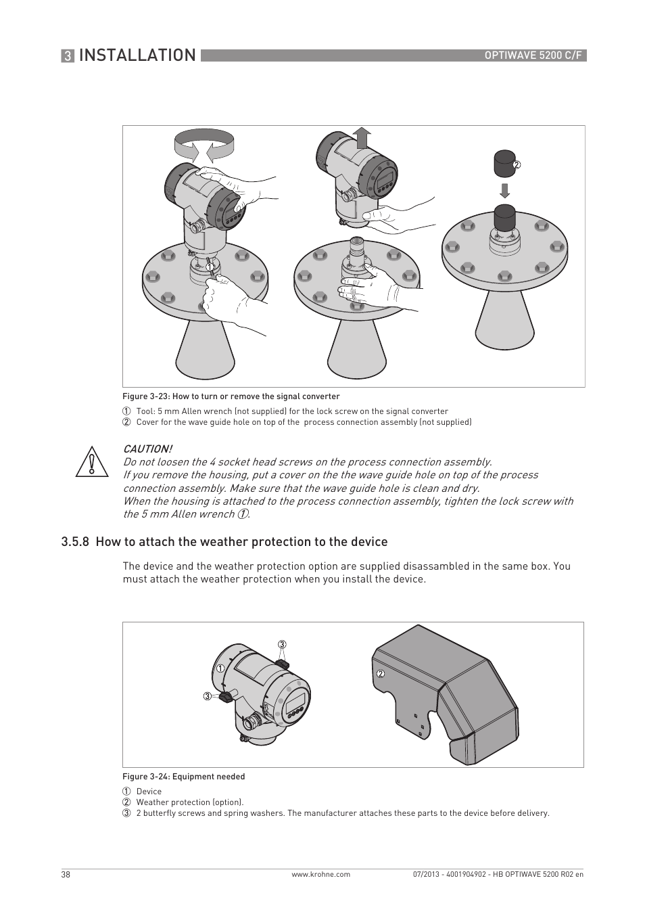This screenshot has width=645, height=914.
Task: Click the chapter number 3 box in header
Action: point(68,56)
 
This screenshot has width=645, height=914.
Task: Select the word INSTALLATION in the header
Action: point(137,55)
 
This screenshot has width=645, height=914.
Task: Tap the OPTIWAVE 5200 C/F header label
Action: point(533,55)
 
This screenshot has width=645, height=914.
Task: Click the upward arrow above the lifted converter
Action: point(362,137)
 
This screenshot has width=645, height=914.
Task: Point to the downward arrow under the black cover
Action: point(504,189)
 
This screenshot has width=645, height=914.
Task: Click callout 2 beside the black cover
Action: point(517,165)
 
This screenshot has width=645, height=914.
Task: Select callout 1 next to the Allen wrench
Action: point(210,267)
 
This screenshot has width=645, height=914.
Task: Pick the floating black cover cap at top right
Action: point(503,163)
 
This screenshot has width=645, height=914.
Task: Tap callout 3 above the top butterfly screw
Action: point(282,644)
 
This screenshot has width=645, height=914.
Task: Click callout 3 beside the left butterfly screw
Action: point(208,696)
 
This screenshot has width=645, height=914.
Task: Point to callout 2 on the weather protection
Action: point(381,674)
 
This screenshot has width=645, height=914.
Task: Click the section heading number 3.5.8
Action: point(75,542)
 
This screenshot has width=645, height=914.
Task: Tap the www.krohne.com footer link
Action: point(320,874)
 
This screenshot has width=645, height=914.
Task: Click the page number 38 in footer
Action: point(66,874)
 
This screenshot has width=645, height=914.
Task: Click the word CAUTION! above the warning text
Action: point(147,449)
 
